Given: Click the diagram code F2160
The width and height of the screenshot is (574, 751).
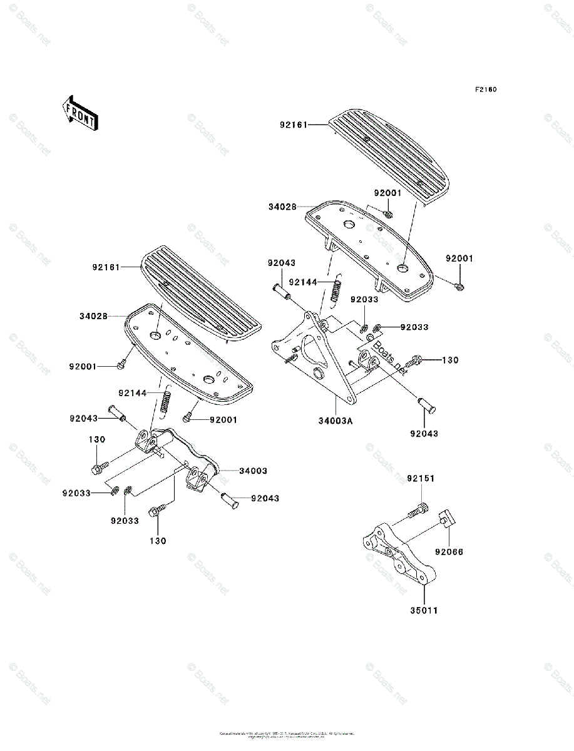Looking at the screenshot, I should click(485, 89).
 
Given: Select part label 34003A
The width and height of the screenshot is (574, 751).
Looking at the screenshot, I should click(339, 421).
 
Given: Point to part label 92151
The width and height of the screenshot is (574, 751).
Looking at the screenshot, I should click(421, 478).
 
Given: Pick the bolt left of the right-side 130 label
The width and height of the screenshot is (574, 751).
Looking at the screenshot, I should click(414, 361).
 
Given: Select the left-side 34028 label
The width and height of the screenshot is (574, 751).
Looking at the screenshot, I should click(93, 316).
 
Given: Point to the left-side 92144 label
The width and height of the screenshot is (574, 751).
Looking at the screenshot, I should click(133, 393).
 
